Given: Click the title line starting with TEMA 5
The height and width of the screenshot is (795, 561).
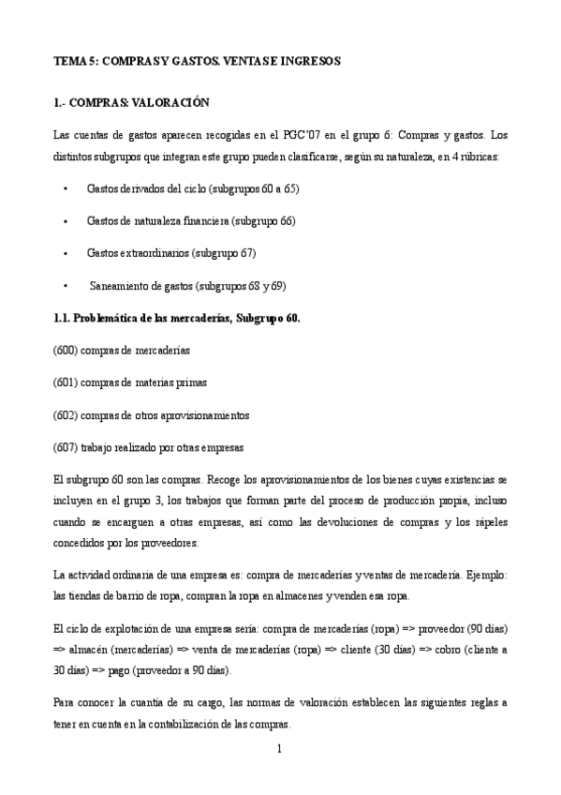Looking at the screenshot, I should tap(197, 61).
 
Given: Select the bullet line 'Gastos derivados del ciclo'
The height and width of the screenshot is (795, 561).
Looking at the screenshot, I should tap(193, 188).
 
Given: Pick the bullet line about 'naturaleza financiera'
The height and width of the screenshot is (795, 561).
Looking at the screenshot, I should tap(190, 221).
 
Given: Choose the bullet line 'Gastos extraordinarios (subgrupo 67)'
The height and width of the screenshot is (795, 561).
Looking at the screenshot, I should tap(171, 253).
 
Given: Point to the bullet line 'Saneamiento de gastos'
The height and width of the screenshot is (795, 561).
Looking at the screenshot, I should tap(187, 286).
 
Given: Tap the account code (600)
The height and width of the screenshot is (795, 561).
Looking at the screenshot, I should tap(66, 350).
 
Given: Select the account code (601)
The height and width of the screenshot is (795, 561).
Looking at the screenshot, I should tap(66, 382).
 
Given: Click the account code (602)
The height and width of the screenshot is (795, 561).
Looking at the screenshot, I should tap(66, 414).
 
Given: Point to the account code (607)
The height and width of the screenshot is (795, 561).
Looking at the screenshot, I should tap(66, 447).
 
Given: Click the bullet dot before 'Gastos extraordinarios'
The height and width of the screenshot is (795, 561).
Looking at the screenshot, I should tap(66, 253).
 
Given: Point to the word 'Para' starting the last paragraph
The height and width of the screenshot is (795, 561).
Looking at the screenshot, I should tap(65, 704).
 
